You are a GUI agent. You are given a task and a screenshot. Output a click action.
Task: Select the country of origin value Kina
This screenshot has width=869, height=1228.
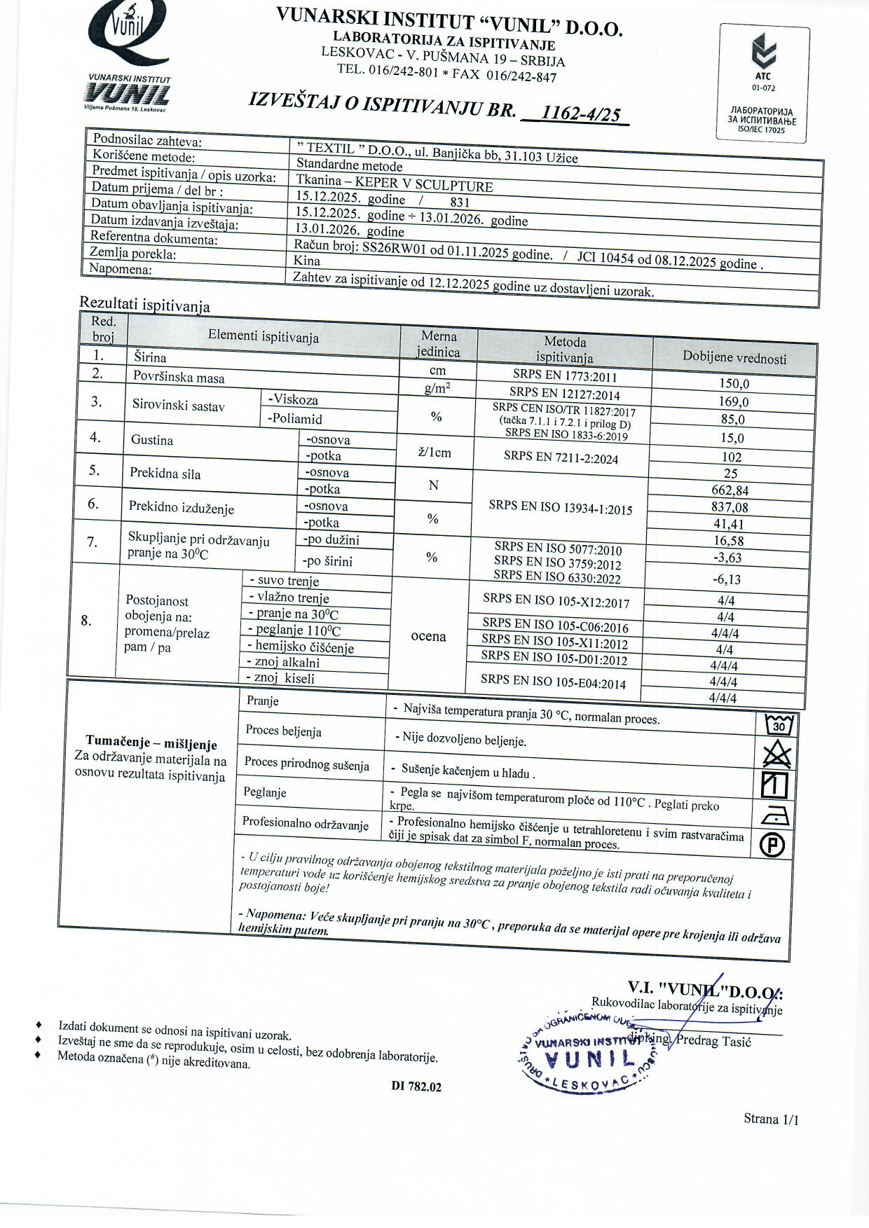point(307,261)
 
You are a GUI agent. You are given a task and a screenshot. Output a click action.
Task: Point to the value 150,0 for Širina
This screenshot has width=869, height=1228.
point(734,384)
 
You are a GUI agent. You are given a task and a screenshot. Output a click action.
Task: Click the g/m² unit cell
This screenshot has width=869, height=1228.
point(437,389)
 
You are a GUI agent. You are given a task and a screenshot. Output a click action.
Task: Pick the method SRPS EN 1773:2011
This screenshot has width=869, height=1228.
point(565,375)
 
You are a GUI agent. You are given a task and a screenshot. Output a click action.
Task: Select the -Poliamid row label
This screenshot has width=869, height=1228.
point(294,419)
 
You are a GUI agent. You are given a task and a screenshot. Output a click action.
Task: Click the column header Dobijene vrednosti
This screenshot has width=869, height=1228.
point(734,357)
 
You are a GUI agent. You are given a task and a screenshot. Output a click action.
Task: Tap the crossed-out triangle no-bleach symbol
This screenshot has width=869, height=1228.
point(776,755)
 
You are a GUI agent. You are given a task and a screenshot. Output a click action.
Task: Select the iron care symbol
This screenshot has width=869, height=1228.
point(774,815)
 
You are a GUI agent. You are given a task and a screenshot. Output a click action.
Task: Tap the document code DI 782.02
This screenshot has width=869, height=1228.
point(416,1086)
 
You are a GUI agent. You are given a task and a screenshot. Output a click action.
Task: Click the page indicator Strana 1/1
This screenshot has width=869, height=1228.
point(771,1119)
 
